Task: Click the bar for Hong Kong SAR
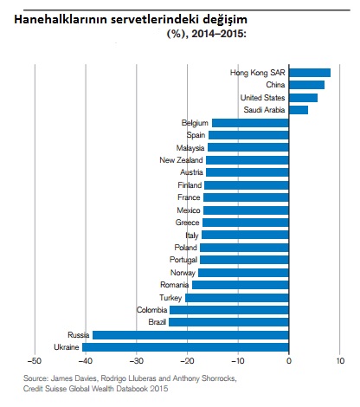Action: click(x=310, y=73)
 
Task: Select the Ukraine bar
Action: click(x=185, y=347)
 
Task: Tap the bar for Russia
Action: click(x=190, y=335)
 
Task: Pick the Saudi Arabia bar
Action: click(x=299, y=110)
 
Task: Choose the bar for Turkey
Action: click(x=237, y=298)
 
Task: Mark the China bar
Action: click(x=306, y=85)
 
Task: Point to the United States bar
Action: click(x=303, y=98)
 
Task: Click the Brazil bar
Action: click(x=228, y=322)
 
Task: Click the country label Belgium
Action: click(x=195, y=123)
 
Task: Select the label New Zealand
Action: click(x=181, y=160)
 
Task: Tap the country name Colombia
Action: click(x=151, y=310)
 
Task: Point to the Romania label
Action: click(x=175, y=285)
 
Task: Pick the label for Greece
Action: click(x=187, y=223)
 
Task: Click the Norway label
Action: click(x=183, y=273)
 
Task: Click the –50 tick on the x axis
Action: click(x=35, y=361)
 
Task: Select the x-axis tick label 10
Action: click(x=340, y=361)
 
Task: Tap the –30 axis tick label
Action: click(x=136, y=361)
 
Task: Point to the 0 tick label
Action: click(x=289, y=361)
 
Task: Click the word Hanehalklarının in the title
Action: click(x=61, y=20)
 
